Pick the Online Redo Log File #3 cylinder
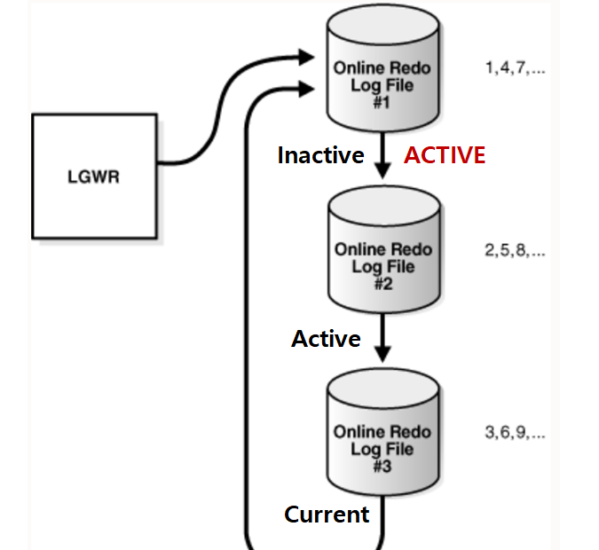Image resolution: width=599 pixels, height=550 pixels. coord(383,435)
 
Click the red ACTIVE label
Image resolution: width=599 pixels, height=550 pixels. coord(445,156)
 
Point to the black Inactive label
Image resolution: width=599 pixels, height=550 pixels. coord(320,156)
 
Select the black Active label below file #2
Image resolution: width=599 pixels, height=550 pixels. coord(326,339)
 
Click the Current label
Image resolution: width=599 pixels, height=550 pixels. coord(327,515)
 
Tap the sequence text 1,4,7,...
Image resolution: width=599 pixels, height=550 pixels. coord(515,68)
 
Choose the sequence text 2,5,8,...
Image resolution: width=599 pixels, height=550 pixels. coord(515,251)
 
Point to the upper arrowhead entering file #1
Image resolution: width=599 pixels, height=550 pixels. coord(307,57)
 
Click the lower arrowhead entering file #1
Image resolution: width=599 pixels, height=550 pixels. coord(307,87)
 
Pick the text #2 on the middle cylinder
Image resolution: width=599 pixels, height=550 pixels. coord(383,285)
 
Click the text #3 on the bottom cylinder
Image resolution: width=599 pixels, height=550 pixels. coord(383,467)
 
